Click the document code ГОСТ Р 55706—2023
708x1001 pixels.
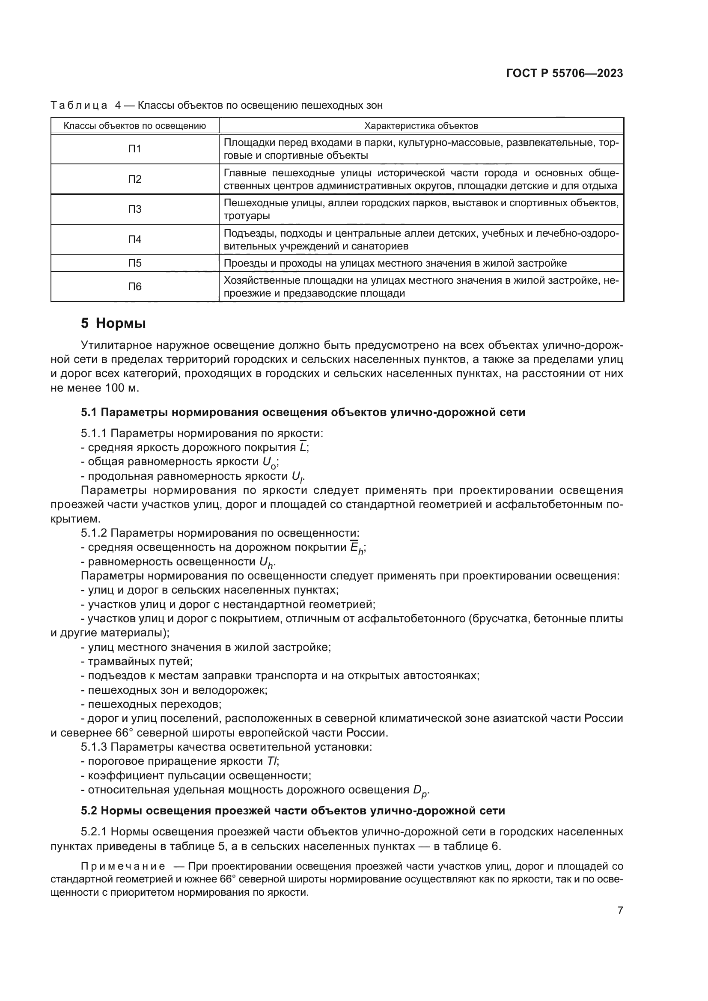pos(565,73)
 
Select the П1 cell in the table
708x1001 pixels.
pos(135,149)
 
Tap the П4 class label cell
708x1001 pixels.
pos(135,239)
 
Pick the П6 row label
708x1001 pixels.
pos(135,286)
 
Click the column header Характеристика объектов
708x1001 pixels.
pos(421,126)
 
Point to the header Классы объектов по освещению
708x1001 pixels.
pos(135,126)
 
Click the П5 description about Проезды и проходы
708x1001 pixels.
pos(395,263)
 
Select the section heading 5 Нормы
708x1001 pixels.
pos(113,324)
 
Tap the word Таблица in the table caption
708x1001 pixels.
pos(79,105)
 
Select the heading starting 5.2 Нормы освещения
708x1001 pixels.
pos(293,811)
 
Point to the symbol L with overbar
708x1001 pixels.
pos(303,447)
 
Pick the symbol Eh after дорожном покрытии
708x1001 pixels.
pos(357,548)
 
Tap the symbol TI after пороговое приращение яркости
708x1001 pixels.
pos(272,761)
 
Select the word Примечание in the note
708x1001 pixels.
pos(123,866)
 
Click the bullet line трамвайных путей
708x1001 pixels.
pos(137,661)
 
